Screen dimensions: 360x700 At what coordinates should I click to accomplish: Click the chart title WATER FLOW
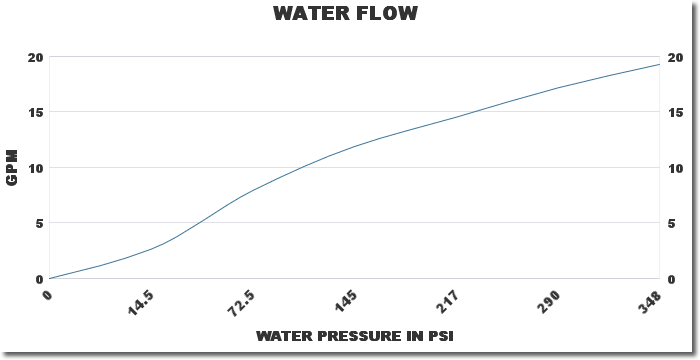[345, 14]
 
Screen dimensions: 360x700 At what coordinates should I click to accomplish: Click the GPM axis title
[13, 167]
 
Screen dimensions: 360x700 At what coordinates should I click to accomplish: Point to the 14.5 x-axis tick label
[141, 301]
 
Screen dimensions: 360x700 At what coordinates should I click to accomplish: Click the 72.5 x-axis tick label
[241, 301]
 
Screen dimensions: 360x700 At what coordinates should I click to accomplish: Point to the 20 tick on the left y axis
[35, 57]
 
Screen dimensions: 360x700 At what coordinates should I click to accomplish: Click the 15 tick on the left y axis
[35, 112]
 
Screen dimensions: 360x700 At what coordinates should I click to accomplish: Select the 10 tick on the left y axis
[35, 167]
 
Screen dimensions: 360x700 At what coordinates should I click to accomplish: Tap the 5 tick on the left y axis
[38, 223]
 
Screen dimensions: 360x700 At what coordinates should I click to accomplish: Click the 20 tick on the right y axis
[676, 57]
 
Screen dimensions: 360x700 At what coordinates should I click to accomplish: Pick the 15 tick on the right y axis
[676, 112]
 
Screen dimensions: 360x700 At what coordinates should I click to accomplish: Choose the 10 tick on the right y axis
[676, 167]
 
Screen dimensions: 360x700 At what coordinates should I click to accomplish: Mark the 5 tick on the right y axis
[672, 223]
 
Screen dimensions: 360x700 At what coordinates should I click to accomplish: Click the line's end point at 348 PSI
[660, 65]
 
